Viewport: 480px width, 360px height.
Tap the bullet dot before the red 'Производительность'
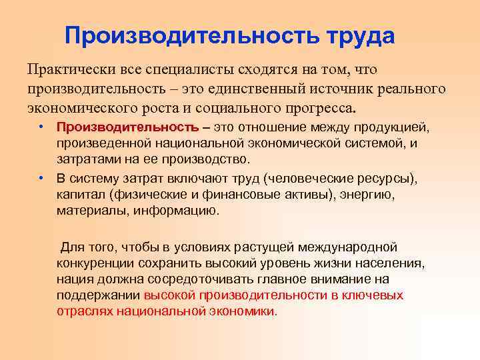(x=41, y=127)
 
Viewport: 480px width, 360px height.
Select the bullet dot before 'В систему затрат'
(x=41, y=177)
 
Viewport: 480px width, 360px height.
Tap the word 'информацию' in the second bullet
(x=178, y=210)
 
